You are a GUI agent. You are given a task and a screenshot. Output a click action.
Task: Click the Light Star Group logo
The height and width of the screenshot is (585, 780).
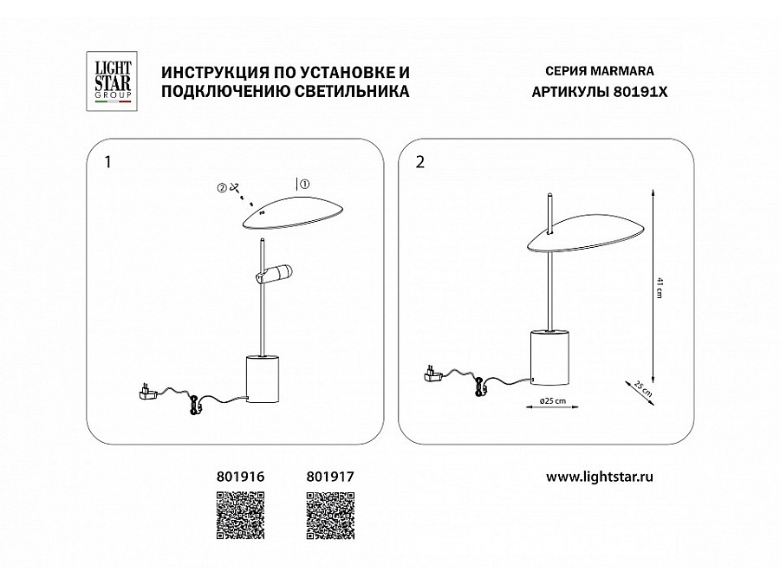(112, 81)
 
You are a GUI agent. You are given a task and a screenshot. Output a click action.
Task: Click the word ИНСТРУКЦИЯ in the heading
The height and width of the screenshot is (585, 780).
(216, 73)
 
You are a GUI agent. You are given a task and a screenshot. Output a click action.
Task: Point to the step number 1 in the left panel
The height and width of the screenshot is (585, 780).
(108, 162)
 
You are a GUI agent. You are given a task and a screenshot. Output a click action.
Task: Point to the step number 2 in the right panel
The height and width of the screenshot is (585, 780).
(420, 162)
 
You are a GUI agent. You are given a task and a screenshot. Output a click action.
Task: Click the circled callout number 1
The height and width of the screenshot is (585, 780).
(305, 184)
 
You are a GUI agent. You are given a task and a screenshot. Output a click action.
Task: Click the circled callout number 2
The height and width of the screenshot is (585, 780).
(222, 188)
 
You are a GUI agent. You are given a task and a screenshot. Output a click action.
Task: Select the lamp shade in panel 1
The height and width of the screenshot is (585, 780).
(294, 212)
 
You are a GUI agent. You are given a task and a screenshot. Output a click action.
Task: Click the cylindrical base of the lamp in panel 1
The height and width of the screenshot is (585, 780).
(263, 379)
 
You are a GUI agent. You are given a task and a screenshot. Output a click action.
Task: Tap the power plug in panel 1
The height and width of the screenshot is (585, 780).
(148, 392)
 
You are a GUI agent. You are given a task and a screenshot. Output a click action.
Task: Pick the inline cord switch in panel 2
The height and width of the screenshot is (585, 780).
(480, 386)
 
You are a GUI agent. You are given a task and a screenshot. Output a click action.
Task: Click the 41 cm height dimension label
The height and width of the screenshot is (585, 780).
(660, 289)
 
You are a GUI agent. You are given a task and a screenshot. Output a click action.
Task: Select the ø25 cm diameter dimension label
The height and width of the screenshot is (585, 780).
(553, 401)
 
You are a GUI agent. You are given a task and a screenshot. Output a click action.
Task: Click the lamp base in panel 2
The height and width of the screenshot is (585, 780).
(549, 357)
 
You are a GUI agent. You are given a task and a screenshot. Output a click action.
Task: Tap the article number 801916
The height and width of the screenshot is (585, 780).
(241, 477)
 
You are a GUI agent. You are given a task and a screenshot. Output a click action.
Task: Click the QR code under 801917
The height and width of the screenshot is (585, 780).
(330, 516)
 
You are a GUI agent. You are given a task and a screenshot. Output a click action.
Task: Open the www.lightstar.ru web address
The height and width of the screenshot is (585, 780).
(600, 477)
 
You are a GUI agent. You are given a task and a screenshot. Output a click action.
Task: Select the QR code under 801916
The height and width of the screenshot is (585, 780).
(240, 516)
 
